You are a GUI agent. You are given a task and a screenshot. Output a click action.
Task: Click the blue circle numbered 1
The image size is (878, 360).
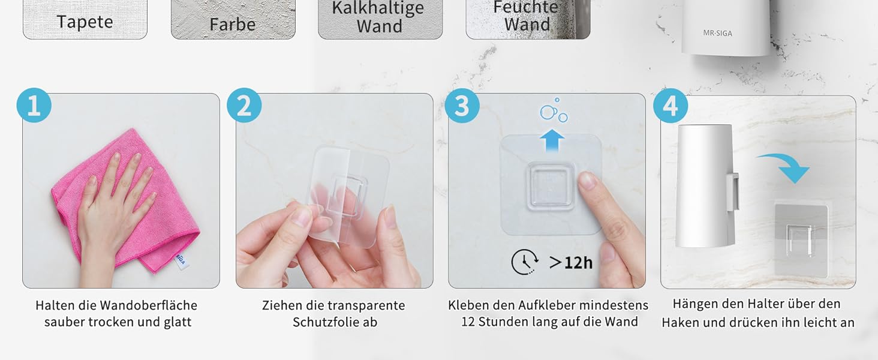34,105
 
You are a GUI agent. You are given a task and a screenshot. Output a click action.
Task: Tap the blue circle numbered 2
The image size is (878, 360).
244,105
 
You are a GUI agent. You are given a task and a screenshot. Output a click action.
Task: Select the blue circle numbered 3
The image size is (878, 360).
462,106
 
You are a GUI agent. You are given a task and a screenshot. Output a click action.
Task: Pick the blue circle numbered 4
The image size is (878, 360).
670,106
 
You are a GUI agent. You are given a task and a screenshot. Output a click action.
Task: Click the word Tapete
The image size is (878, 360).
85,22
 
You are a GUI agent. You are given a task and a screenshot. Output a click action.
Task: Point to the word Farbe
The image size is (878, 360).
233,25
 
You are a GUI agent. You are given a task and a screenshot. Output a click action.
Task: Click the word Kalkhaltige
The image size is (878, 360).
378,8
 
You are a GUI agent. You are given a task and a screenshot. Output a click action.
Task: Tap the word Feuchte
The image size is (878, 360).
525,7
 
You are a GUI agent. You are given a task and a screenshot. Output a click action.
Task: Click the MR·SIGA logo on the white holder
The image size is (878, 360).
717,34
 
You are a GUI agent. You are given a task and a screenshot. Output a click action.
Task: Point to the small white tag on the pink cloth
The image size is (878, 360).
181,260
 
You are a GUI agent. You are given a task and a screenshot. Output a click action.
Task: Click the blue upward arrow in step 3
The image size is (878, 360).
552,140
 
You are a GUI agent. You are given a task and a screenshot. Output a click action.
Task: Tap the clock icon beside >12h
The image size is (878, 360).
525,262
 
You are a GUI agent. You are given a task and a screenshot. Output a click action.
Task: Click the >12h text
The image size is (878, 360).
571,262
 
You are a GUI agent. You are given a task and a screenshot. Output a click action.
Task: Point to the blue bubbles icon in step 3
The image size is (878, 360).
554,110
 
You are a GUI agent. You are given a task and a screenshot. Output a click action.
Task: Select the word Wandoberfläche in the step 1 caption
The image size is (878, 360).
149,305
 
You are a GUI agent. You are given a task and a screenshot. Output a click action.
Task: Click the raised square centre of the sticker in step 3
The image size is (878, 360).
551,186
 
